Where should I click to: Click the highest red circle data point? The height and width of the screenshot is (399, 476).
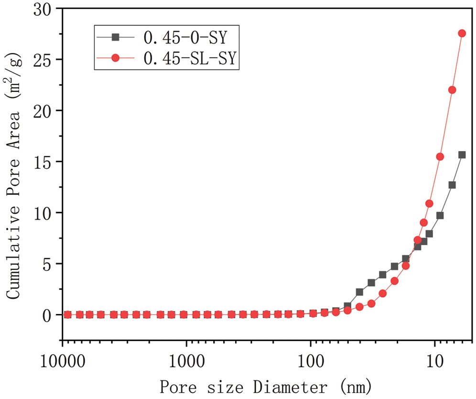click(462, 33)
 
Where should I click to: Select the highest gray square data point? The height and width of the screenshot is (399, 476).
click(462, 155)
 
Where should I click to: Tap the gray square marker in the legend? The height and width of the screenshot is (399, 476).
click(115, 37)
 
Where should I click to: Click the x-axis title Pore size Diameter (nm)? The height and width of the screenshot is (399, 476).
click(265, 386)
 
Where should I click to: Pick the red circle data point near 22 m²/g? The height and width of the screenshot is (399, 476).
click(452, 90)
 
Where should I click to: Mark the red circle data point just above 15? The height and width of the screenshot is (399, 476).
click(440, 157)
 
